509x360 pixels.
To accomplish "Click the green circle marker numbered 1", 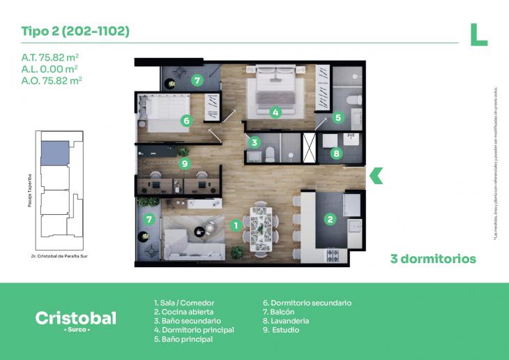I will [x=236, y=225].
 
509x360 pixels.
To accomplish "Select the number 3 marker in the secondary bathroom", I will [x=255, y=142].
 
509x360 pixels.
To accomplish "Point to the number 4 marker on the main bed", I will [x=275, y=112].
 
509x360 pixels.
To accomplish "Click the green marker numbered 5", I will [x=337, y=118].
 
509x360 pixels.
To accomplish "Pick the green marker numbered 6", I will [x=185, y=121].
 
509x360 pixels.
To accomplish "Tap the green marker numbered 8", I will [x=337, y=153].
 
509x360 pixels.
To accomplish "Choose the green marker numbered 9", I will [x=184, y=164].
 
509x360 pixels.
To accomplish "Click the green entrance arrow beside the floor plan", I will [x=376, y=176].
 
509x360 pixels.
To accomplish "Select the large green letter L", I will [x=478, y=34].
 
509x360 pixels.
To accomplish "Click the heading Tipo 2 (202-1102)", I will [x=75, y=32].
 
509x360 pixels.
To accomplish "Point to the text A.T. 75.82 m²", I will [x=50, y=57].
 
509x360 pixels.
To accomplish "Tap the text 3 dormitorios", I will [x=433, y=259].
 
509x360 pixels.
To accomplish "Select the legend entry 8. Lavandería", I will [x=286, y=321].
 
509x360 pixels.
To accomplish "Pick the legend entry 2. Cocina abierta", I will [x=183, y=312].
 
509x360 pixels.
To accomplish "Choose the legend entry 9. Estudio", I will [x=281, y=330].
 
